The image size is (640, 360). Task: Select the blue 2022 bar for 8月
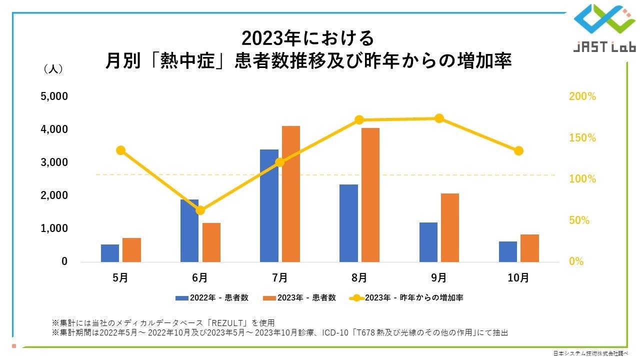pyautogui.click(x=348, y=223)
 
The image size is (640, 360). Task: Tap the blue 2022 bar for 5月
pyautogui.click(x=110, y=253)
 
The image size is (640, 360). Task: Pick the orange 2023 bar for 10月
pyautogui.click(x=529, y=248)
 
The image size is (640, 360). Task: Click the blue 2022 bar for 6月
pyautogui.click(x=189, y=230)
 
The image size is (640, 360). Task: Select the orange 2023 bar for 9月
pyautogui.click(x=450, y=227)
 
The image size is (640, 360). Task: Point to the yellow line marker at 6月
pyautogui.click(x=200, y=210)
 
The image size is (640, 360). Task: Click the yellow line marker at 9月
pyautogui.click(x=439, y=118)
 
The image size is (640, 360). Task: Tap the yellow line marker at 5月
pyautogui.click(x=120, y=150)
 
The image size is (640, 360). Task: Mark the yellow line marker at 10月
pyautogui.click(x=518, y=150)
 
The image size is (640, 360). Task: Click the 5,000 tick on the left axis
pyautogui.click(x=54, y=96)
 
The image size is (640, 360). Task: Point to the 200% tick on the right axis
pyautogui.click(x=582, y=96)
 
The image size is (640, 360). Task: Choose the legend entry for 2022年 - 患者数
pyautogui.click(x=212, y=297)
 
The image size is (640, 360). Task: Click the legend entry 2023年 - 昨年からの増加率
pyautogui.click(x=407, y=297)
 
